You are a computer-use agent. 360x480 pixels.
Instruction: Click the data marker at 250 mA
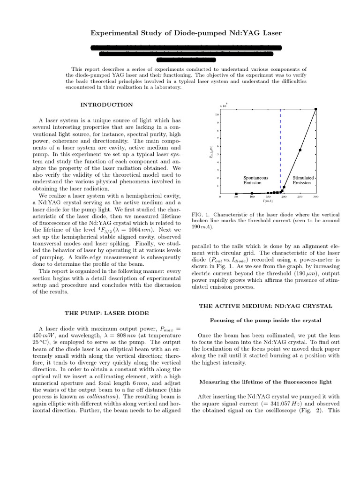[300, 150]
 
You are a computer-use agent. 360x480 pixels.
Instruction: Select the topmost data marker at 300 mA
[315, 109]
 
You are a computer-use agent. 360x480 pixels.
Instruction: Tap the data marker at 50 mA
[236, 194]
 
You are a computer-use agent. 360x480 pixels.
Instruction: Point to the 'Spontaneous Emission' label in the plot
[256, 180]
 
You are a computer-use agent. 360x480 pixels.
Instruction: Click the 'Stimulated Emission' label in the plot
[302, 180]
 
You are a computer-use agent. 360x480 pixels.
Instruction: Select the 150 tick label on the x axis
[268, 197]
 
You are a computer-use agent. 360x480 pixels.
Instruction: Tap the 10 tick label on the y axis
[217, 114]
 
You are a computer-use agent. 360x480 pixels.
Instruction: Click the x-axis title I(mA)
[268, 201]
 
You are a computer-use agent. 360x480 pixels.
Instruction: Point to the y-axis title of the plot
[212, 151]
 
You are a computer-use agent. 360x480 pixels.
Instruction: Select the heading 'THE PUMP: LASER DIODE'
[106, 312]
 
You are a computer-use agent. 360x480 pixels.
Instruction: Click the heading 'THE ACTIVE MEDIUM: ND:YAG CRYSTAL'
[266, 306]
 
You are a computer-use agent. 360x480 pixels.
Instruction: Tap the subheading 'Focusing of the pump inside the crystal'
[266, 320]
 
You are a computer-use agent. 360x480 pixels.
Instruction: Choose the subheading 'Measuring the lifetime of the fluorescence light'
[266, 382]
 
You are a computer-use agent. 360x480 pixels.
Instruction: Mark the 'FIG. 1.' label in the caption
[201, 215]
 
